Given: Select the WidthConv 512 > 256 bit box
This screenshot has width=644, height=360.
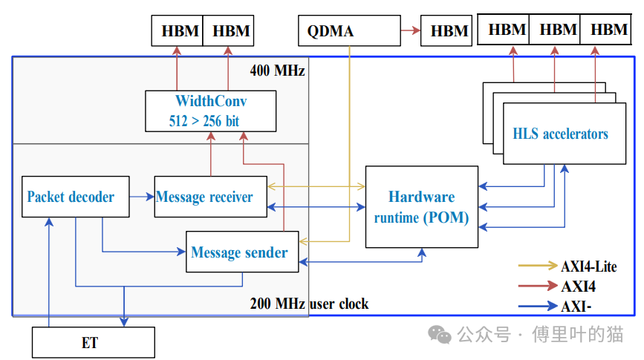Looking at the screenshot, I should [211, 111].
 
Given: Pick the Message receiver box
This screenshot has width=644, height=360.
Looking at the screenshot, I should [210, 197].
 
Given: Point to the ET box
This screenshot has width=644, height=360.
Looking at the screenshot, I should [93, 343].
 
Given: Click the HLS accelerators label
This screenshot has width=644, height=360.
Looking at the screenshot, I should [560, 134].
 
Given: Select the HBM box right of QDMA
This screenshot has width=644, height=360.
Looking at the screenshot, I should [449, 31].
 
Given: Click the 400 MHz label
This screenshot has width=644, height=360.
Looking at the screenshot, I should [277, 71].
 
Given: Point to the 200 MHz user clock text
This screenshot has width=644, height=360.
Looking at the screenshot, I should [309, 304].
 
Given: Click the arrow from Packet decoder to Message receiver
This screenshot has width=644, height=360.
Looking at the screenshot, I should [142, 197].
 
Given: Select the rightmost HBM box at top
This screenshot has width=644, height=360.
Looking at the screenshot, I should [609, 30].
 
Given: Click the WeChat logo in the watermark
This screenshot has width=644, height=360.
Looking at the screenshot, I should [443, 336].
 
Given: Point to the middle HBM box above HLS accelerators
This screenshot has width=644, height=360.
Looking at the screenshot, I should [558, 30].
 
